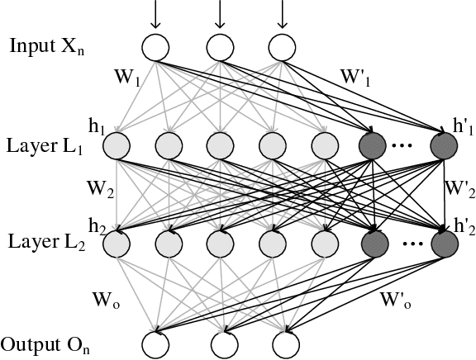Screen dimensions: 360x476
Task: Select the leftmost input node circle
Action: click(x=155, y=46)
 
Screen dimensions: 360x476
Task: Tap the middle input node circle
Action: click(x=218, y=46)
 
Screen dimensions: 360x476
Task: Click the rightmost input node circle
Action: click(x=283, y=46)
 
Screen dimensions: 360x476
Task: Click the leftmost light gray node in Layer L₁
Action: click(x=117, y=146)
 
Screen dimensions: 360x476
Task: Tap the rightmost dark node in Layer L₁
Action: click(x=444, y=146)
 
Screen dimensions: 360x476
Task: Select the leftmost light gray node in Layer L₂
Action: click(x=117, y=244)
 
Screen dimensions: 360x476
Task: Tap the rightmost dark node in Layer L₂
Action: click(x=444, y=244)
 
